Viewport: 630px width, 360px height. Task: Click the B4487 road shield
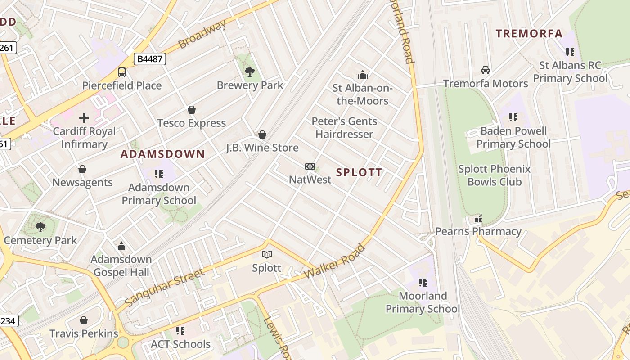click(149, 59)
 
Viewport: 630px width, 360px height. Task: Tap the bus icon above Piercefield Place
click(121, 72)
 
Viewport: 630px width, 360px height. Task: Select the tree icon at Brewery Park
click(250, 72)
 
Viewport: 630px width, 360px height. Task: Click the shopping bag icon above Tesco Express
click(192, 110)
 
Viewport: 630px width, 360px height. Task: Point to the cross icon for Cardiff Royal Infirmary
click(84, 118)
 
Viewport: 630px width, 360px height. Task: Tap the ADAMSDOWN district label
click(163, 154)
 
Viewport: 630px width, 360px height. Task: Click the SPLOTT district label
click(359, 172)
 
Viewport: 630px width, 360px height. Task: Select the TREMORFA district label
click(529, 33)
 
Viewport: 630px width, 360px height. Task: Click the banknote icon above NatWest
click(310, 166)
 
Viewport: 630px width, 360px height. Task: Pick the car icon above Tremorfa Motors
click(486, 70)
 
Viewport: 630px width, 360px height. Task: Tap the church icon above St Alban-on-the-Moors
click(362, 75)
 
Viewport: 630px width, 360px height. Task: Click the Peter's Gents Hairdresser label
click(344, 128)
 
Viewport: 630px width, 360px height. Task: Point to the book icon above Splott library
click(267, 255)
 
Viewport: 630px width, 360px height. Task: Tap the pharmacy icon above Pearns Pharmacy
click(478, 219)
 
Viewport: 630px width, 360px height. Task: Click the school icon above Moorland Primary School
click(423, 283)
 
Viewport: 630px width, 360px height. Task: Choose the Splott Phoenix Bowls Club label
click(494, 175)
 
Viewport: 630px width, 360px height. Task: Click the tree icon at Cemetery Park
click(40, 227)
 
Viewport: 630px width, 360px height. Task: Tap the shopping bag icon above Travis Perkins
click(83, 320)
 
